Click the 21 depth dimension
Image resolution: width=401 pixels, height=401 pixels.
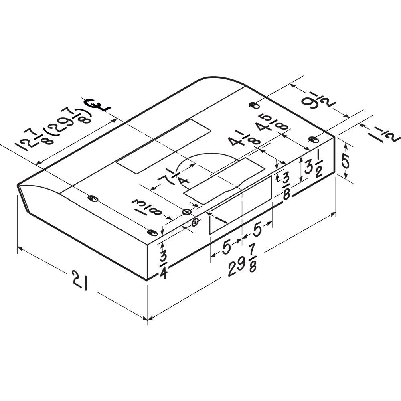click(80, 281)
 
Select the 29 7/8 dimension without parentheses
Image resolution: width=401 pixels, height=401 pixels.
click(242, 267)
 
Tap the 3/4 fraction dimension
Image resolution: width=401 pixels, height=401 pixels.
click(164, 264)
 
